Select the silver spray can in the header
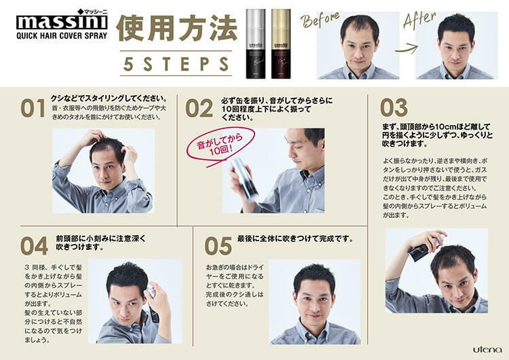tap(259, 43)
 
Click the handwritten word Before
tap(324, 19)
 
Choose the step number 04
tap(34, 245)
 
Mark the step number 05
tap(219, 245)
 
